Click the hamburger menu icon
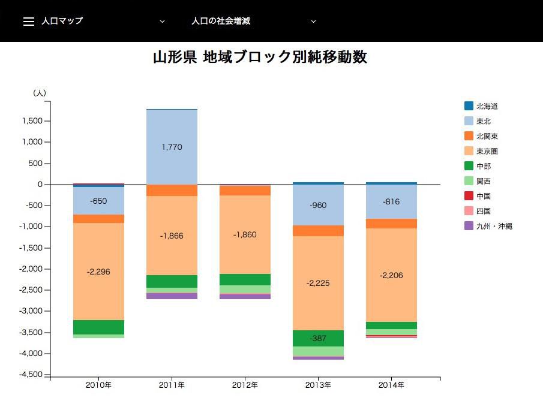click(x=28, y=21)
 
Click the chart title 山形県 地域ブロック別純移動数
click(x=260, y=58)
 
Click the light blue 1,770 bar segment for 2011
click(x=172, y=147)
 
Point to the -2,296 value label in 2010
click(x=98, y=272)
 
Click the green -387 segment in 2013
click(x=318, y=339)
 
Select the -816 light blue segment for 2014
click(x=391, y=202)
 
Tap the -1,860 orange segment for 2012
click(x=245, y=234)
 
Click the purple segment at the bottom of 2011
click(x=172, y=296)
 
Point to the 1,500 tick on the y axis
click(x=31, y=121)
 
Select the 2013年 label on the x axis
click(x=318, y=385)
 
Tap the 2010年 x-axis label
click(x=98, y=385)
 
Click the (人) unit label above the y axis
click(x=40, y=93)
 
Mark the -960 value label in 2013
click(x=318, y=205)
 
